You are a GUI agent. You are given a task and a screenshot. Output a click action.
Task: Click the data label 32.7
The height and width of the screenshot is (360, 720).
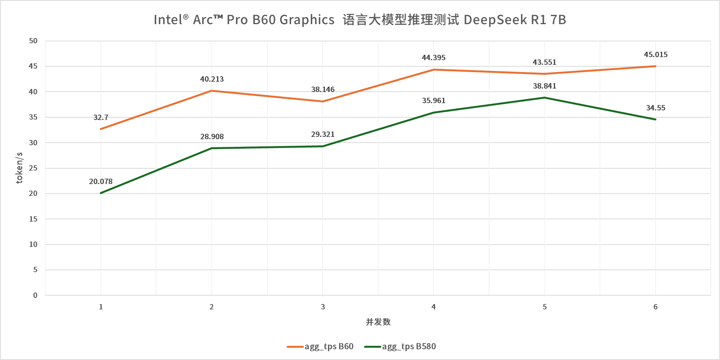click(x=101, y=117)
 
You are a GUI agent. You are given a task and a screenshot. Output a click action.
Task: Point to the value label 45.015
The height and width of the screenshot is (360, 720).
click(x=656, y=55)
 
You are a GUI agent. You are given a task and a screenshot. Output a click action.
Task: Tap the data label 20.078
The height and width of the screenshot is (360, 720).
click(x=101, y=181)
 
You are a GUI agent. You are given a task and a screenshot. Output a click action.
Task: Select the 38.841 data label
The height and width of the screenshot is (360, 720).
click(x=544, y=86)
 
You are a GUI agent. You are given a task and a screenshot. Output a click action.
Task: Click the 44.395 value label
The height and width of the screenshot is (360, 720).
click(x=433, y=58)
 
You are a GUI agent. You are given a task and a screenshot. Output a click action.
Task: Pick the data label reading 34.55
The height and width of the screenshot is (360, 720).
click(x=656, y=108)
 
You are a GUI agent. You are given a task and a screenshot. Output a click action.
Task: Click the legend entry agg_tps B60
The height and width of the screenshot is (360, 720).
click(x=329, y=347)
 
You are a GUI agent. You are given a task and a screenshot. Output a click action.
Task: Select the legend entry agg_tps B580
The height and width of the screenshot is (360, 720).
click(x=409, y=347)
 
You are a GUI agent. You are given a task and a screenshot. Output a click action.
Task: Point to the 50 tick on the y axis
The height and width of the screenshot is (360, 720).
click(x=33, y=41)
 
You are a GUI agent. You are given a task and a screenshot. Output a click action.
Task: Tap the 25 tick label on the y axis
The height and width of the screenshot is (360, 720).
click(x=33, y=168)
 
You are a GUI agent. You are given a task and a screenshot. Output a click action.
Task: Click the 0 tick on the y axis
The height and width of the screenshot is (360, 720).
click(x=35, y=295)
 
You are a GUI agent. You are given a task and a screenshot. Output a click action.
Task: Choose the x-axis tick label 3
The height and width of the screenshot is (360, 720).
click(x=323, y=307)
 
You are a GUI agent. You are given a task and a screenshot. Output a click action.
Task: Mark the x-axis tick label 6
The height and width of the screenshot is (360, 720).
click(x=655, y=307)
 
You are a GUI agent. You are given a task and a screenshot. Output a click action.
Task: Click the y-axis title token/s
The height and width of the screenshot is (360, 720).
click(x=19, y=168)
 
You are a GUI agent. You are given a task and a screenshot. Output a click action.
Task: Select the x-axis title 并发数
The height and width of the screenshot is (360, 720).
click(x=378, y=322)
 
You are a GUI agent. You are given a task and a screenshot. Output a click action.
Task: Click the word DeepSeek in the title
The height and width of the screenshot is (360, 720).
click(x=495, y=20)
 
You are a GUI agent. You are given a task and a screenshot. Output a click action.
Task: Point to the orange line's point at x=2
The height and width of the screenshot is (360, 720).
click(x=212, y=91)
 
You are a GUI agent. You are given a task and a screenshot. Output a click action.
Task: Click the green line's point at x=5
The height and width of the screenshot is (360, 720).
click(x=544, y=98)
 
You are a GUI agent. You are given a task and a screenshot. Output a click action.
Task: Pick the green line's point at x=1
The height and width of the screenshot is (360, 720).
click(x=101, y=193)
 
